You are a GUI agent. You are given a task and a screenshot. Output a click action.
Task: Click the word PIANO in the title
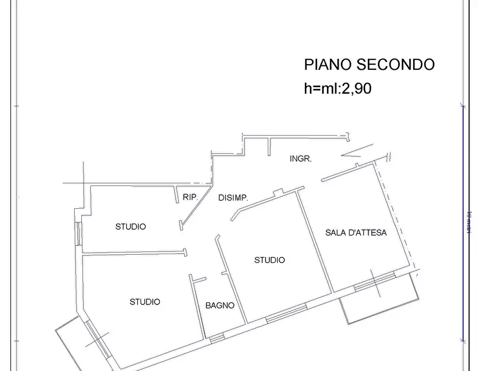point(327,65)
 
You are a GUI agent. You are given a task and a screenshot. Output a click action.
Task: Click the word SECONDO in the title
point(395,65)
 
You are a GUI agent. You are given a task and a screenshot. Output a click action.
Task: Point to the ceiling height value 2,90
point(355,89)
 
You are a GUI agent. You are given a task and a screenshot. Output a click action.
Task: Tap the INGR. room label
point(301,159)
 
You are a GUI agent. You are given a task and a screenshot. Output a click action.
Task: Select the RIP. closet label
point(190,196)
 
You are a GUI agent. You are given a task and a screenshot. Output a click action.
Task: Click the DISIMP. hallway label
point(233,198)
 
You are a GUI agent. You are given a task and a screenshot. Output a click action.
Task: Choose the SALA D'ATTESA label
point(356,233)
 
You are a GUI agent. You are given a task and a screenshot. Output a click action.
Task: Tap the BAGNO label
point(220,305)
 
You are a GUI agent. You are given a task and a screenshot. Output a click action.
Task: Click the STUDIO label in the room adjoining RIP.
point(131,226)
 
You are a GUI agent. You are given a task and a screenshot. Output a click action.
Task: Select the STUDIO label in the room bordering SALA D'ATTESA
point(269,260)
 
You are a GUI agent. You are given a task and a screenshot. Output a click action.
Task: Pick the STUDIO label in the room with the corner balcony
point(145,302)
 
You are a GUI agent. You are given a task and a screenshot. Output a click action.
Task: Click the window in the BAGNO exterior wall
point(217,337)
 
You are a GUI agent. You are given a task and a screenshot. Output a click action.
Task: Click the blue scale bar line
point(463,221)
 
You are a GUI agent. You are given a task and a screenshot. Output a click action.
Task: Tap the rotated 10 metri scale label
point(469,221)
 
